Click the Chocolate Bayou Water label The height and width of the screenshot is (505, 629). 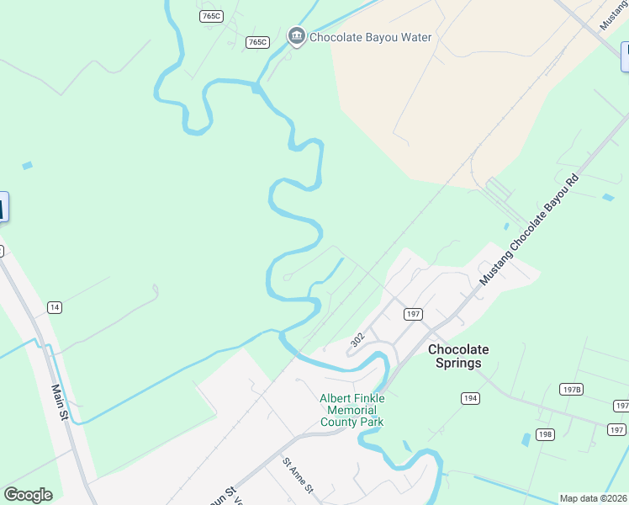click(x=370, y=37)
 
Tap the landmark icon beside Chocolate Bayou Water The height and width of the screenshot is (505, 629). click(x=296, y=36)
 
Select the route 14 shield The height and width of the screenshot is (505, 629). click(x=55, y=307)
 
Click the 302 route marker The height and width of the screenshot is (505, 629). click(x=357, y=340)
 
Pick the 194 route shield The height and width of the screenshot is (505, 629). click(x=470, y=397)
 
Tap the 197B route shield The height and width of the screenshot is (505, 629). click(x=571, y=389)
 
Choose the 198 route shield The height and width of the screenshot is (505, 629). click(x=547, y=434)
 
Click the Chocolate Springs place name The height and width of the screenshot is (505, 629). click(x=458, y=356)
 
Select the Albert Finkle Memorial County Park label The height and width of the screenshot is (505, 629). click(x=351, y=410)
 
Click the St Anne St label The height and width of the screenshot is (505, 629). click(x=298, y=476)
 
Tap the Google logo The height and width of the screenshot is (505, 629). click(x=28, y=495)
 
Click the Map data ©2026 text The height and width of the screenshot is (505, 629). click(x=594, y=498)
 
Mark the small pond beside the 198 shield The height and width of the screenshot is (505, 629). click(x=526, y=439)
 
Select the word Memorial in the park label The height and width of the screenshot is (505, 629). click(x=351, y=410)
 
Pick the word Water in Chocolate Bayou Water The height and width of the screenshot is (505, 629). click(x=413, y=37)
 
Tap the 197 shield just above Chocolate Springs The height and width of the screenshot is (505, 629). click(x=412, y=314)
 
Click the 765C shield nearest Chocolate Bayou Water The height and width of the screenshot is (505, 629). click(x=257, y=42)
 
